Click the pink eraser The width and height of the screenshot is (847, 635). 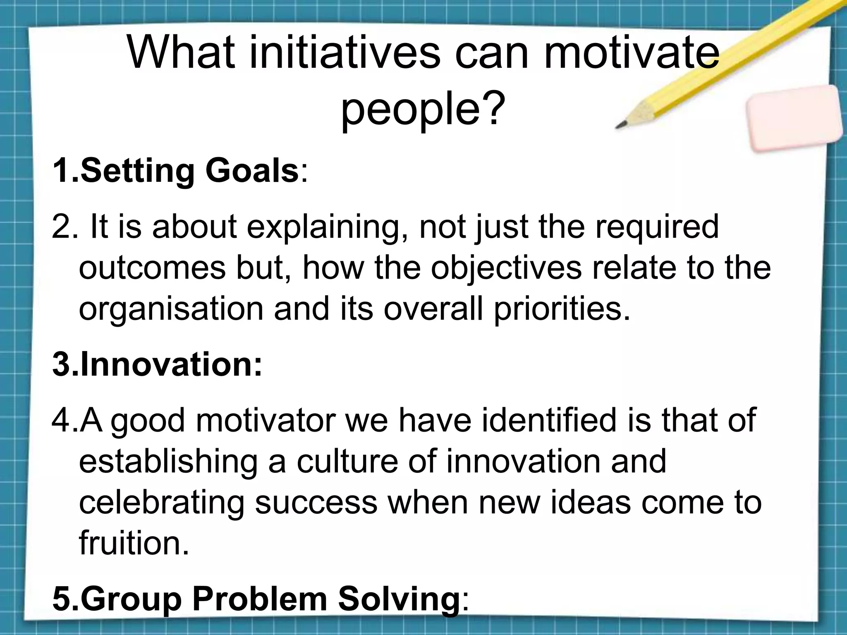coord(794,119)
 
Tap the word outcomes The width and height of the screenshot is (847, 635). coord(152,268)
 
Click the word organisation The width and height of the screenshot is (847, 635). coord(171,309)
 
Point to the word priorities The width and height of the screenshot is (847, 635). coord(562,309)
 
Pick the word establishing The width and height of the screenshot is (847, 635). coord(168,462)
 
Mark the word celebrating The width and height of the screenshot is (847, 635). coord(161,502)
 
